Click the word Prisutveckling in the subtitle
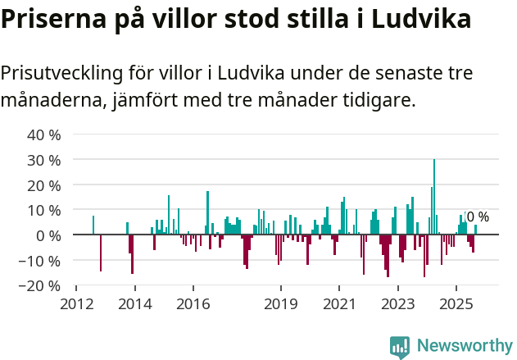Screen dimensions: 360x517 [61, 73]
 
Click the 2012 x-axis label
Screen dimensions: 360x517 [76, 303]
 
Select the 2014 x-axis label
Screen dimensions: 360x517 [135, 303]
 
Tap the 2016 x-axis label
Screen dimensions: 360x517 [193, 303]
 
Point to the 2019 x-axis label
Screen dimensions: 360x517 [281, 303]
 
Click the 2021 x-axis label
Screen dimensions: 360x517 [339, 303]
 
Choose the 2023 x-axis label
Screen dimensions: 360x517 [398, 303]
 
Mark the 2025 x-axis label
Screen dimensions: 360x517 [456, 303]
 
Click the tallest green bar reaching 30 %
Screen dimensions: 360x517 [434, 197]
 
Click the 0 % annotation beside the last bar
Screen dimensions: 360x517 [478, 217]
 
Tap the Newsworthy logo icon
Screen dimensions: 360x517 [400, 347]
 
